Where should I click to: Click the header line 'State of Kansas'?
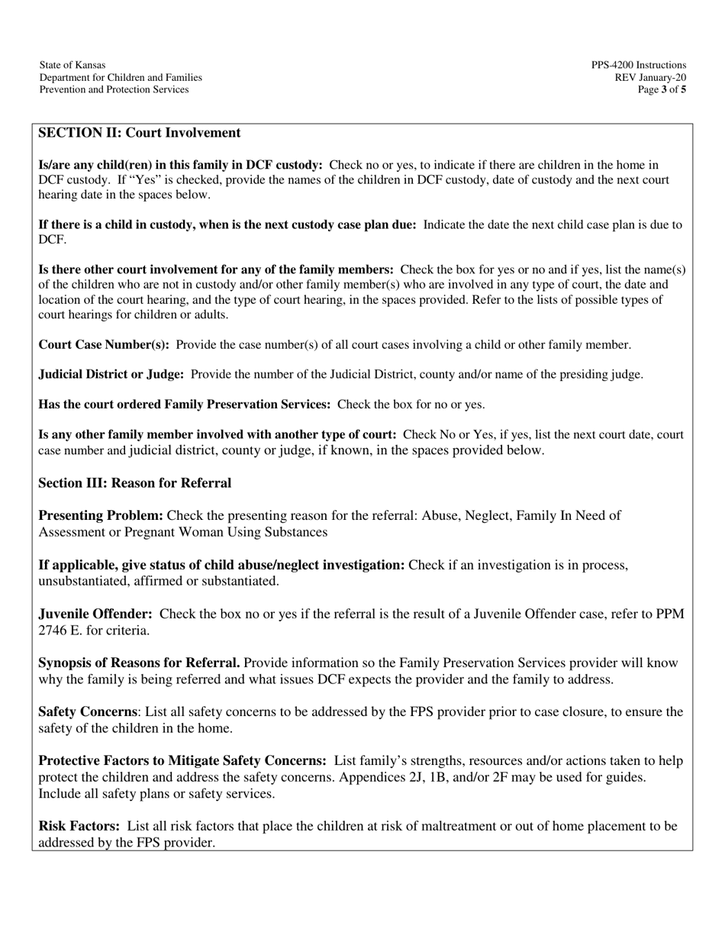[72, 65]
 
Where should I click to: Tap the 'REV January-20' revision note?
[650, 77]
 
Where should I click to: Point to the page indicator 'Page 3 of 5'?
[662, 89]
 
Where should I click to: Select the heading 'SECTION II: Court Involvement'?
[140, 133]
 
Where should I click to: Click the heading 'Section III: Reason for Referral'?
[135, 483]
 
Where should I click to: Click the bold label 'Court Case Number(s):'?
[104, 344]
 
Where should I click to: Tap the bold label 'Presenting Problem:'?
[101, 516]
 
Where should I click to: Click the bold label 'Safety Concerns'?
[88, 712]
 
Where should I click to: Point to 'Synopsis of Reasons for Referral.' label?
[139, 663]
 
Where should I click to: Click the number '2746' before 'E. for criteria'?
[53, 631]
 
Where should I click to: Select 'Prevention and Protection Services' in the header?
[114, 89]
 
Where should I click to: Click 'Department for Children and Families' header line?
[121, 77]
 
